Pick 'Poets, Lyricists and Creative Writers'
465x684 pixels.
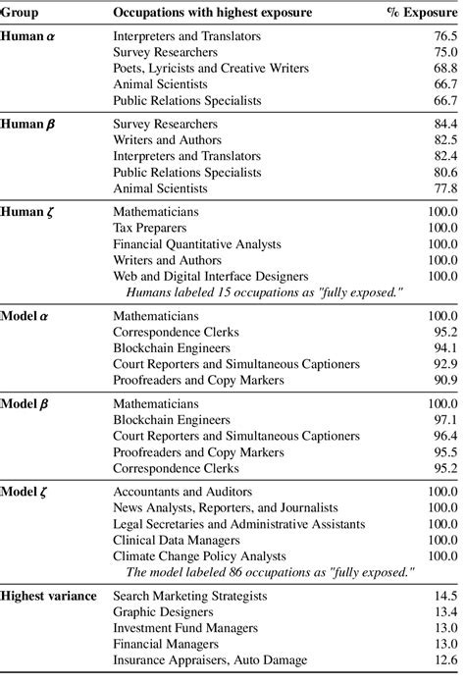211,68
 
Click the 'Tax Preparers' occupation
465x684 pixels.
149,227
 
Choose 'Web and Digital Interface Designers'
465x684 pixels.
211,277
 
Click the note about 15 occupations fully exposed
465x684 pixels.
267,291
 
